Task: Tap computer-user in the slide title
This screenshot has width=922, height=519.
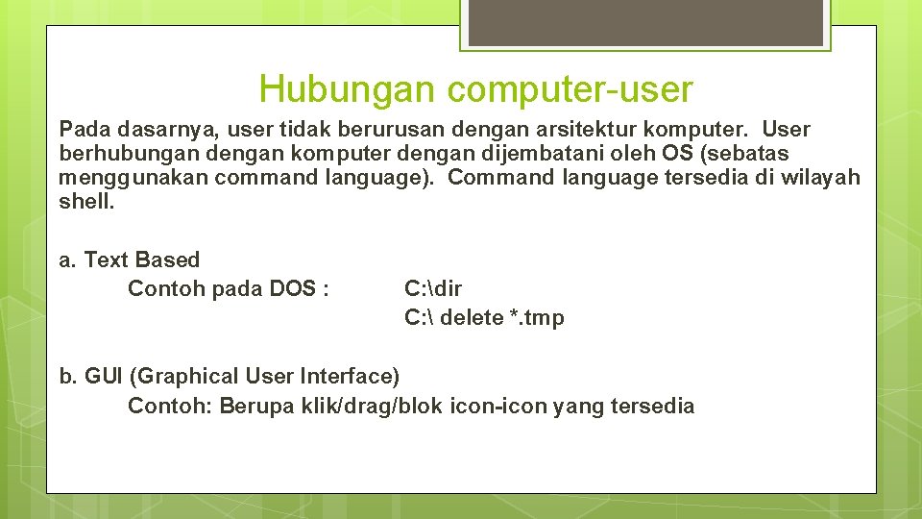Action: (569, 89)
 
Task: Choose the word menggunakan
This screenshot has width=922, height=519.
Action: (133, 178)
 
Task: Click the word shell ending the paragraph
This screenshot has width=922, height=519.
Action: (85, 202)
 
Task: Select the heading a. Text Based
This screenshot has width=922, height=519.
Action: (130, 259)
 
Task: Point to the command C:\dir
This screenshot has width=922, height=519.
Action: (433, 288)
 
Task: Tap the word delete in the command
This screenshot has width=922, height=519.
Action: (471, 318)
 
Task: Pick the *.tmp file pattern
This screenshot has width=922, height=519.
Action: (537, 318)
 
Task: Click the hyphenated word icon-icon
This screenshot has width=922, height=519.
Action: (499, 406)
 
